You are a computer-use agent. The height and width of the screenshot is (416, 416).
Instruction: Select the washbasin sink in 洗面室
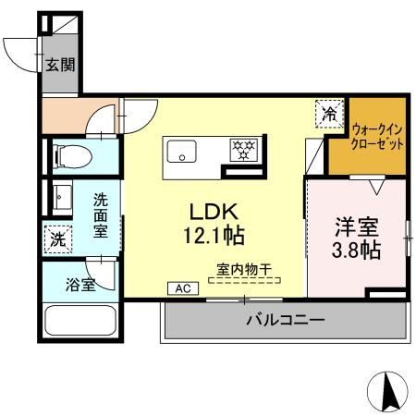63,197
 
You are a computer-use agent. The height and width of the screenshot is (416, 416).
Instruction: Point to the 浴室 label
80,285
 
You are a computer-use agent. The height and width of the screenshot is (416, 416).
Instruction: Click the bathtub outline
79,324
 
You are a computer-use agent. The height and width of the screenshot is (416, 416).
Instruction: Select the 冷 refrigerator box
328,114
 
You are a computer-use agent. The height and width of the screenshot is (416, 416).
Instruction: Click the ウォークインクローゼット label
378,139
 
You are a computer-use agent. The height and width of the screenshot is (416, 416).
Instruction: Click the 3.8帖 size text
357,250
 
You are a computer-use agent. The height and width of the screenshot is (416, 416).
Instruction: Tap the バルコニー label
285,321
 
